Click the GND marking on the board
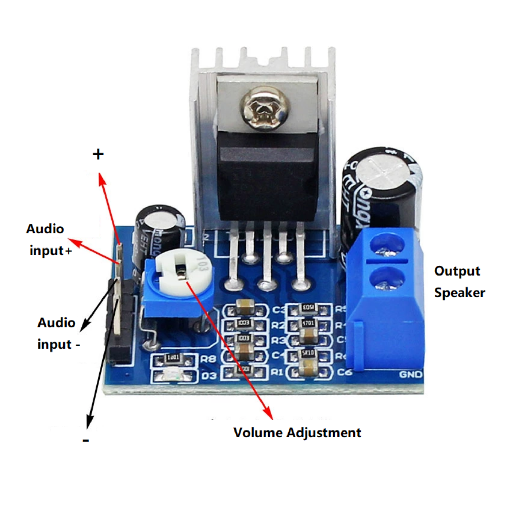[x=410, y=374]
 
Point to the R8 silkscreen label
[x=208, y=359]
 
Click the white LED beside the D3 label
[x=173, y=375]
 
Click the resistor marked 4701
[x=308, y=324]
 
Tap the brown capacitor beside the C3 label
[x=244, y=307]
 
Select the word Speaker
[x=459, y=293]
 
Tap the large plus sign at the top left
[x=98, y=154]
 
